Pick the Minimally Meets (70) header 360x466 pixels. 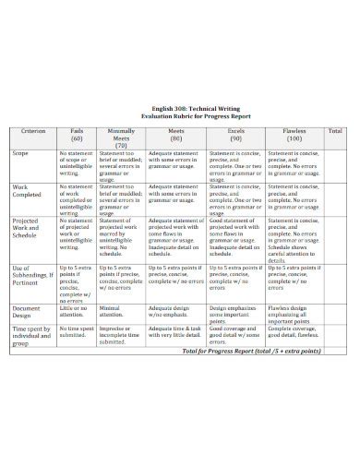coord(121,138)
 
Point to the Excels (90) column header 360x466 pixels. coord(234,135)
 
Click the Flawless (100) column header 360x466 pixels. coord(295,135)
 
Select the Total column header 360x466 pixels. coord(335,132)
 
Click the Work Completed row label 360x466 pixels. coord(29,192)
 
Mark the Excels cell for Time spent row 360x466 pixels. coord(234,332)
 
